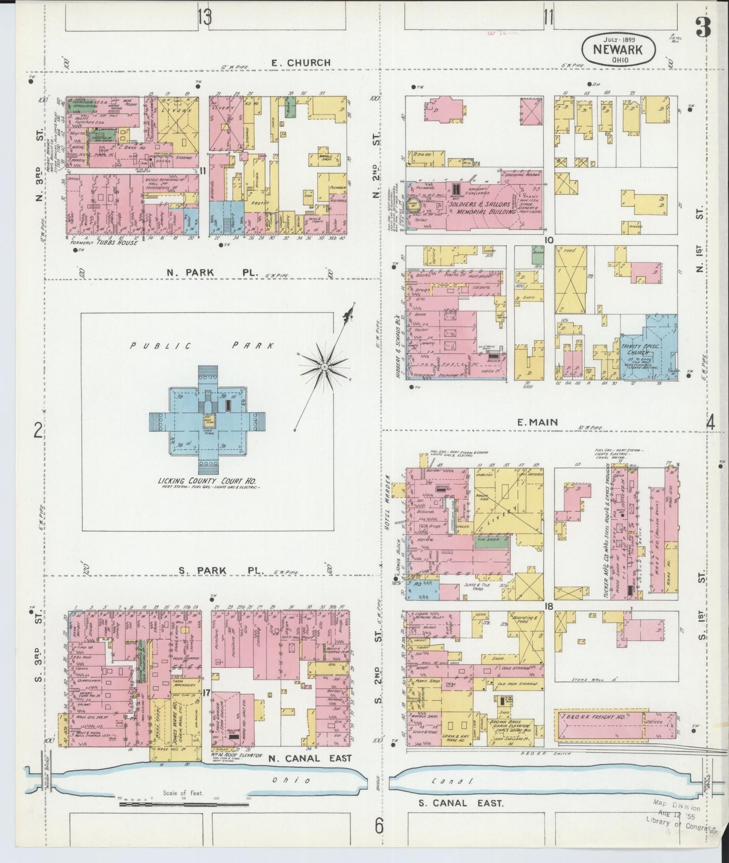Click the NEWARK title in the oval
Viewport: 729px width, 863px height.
pyautogui.click(x=619, y=50)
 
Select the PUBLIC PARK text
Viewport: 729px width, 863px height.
pyautogui.click(x=202, y=346)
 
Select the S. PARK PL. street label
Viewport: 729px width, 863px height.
pyautogui.click(x=221, y=570)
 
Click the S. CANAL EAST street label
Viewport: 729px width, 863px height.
pyautogui.click(x=461, y=802)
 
